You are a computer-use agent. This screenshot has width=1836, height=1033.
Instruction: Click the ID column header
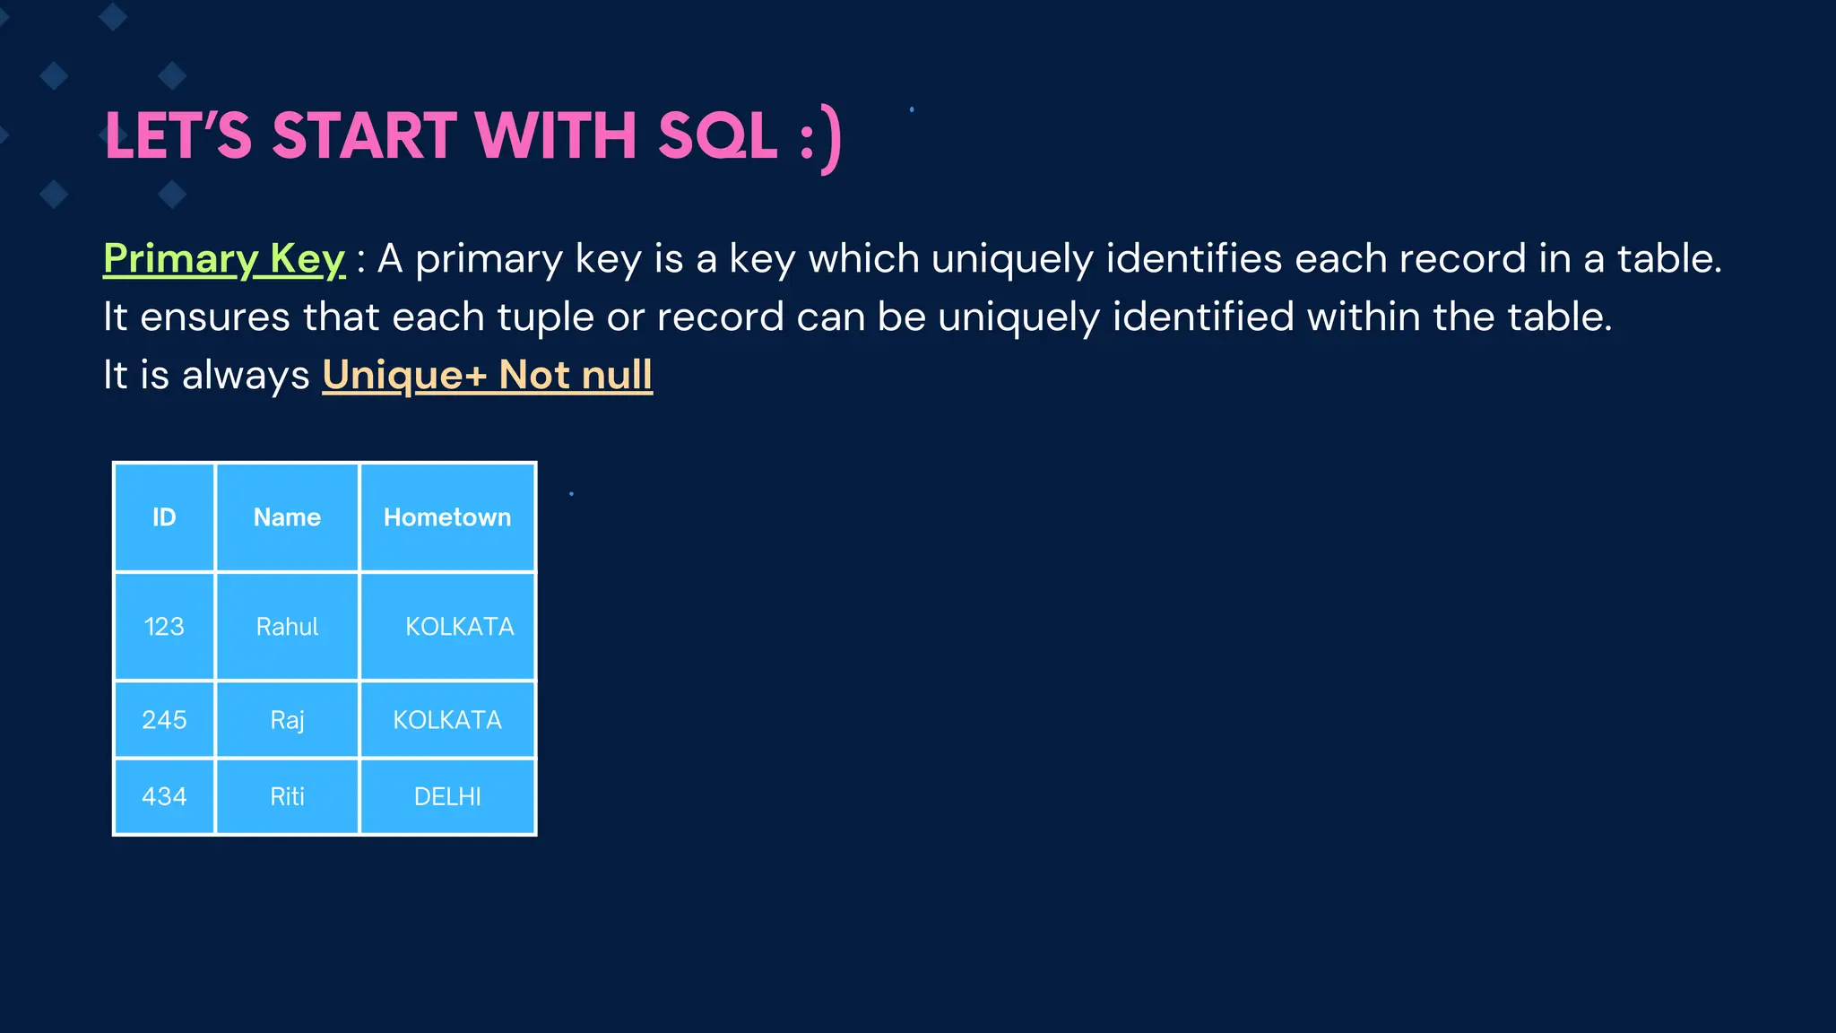click(164, 517)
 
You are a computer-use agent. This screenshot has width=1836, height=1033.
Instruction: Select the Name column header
click(287, 517)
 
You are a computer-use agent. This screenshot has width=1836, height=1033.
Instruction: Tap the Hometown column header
click(447, 517)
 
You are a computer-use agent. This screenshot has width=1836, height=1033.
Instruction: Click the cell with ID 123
click(164, 626)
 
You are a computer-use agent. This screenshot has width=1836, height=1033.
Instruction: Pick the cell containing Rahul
click(287, 626)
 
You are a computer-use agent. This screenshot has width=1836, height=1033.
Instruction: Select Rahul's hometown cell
click(459, 626)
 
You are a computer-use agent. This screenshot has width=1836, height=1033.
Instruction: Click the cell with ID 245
click(164, 719)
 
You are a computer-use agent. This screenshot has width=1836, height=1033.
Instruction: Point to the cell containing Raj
click(287, 719)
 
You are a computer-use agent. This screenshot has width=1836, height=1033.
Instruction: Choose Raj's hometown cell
click(447, 719)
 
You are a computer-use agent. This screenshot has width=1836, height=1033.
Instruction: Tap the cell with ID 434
click(164, 796)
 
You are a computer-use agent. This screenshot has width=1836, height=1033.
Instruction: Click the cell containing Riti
click(287, 796)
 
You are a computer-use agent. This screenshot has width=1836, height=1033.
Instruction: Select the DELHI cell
click(447, 796)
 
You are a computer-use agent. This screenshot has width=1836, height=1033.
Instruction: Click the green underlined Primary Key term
click(224, 259)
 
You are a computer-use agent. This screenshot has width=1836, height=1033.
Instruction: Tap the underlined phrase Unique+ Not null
click(487, 375)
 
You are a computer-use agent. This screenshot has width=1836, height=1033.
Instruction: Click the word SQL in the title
click(717, 136)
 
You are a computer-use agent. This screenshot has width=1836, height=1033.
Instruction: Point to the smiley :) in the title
click(821, 138)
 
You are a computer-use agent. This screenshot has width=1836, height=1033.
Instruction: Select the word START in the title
click(365, 136)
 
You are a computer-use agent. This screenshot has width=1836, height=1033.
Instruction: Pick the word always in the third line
click(246, 375)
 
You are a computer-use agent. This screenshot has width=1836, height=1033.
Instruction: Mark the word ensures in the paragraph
click(215, 317)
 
